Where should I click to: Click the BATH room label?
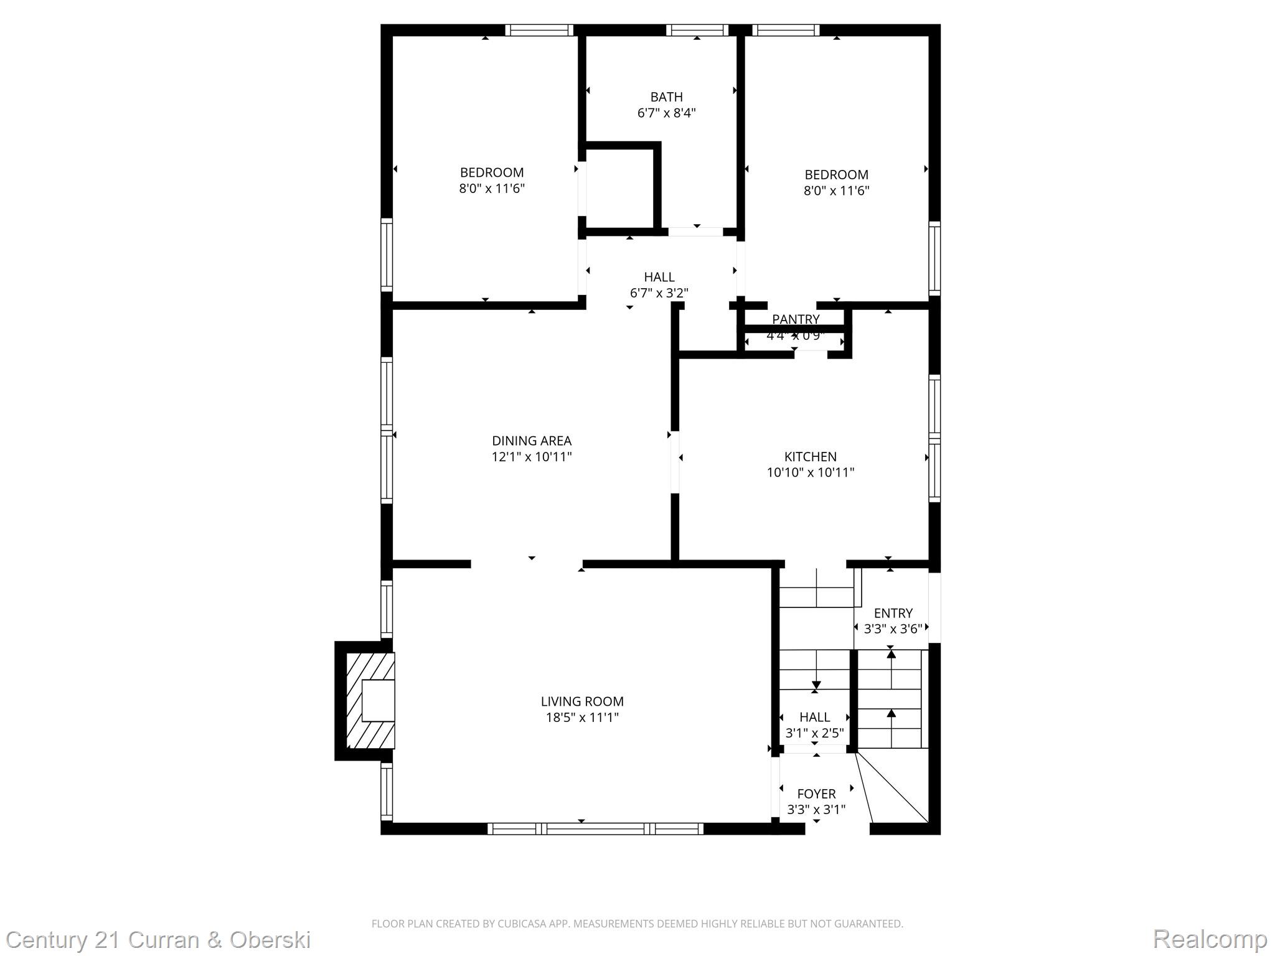[666, 97]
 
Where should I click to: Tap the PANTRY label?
[796, 319]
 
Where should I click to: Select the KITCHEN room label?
[810, 456]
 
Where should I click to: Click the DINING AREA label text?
[531, 441]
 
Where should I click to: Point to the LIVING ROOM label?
[581, 701]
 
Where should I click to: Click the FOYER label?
[816, 794]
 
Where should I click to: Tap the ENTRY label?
[893, 613]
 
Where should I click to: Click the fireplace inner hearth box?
[378, 700]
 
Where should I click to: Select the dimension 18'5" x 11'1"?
[581, 718]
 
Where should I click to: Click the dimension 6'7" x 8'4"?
[666, 113]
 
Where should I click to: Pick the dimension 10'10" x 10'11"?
[810, 472]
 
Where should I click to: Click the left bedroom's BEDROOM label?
[491, 172]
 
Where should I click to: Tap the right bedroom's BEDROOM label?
[836, 175]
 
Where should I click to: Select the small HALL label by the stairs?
[814, 717]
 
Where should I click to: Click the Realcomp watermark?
[1210, 939]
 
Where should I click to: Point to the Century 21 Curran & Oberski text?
[158, 939]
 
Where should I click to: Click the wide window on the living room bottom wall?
[595, 828]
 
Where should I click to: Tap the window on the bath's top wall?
[697, 30]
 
